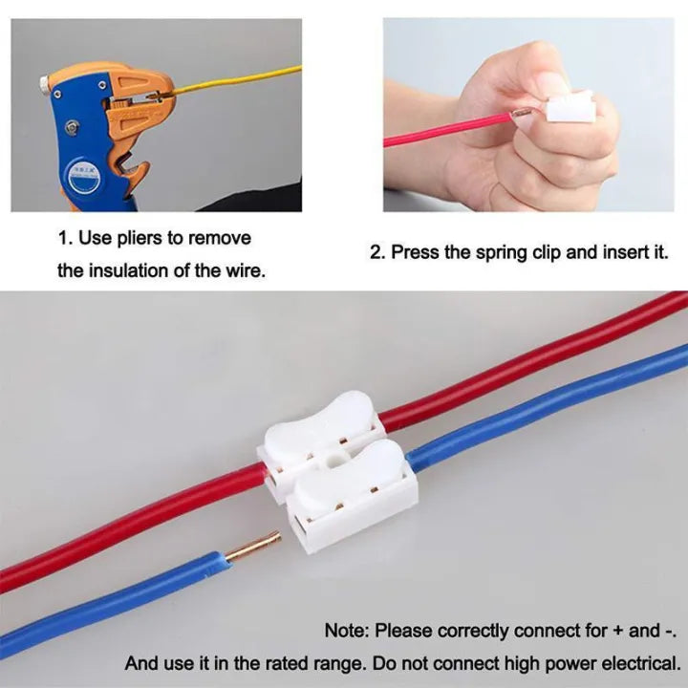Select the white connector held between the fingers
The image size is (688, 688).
(x=570, y=112)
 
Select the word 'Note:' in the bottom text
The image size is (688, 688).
(x=347, y=630)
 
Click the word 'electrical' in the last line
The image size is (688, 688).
(x=642, y=662)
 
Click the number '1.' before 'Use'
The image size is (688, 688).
(x=65, y=238)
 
